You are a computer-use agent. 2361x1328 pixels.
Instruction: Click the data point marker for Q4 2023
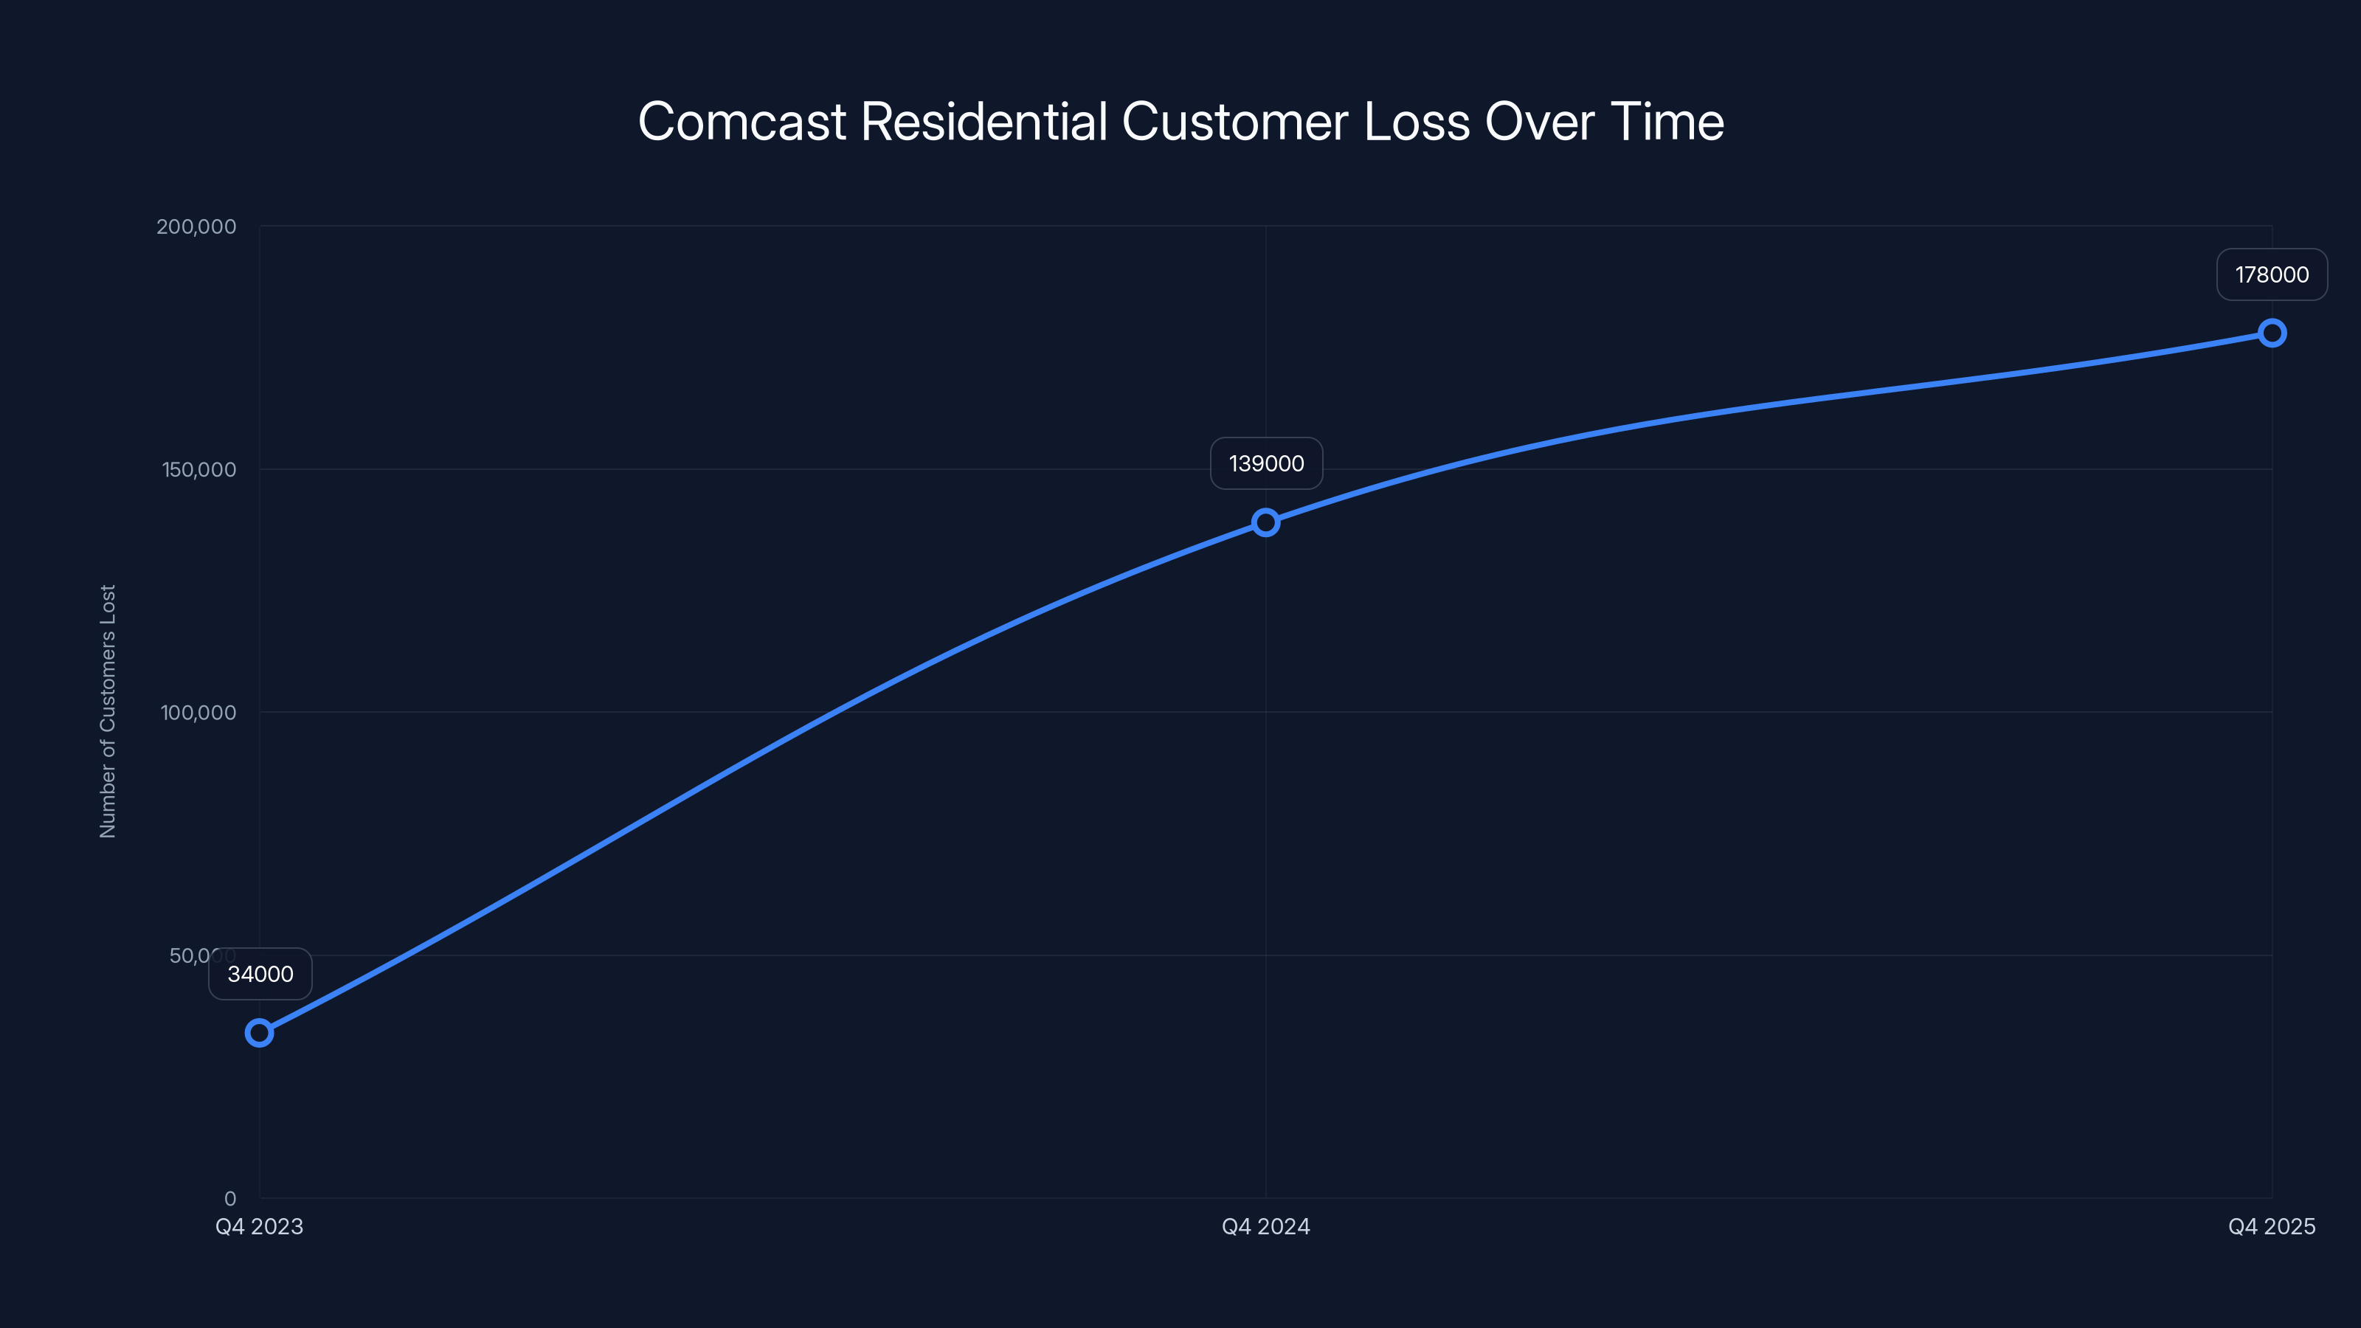click(260, 1033)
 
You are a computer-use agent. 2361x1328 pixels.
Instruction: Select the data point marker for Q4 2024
click(1266, 522)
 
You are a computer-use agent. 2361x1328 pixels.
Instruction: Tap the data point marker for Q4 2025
click(2271, 333)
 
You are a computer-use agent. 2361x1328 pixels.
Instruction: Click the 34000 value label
click(260, 973)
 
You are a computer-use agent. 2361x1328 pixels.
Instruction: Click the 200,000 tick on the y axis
click(196, 226)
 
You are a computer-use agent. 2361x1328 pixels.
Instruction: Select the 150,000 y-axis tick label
click(199, 469)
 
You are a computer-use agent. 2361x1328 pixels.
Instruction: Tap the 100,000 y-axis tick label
click(198, 712)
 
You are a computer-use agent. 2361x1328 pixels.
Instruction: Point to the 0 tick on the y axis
click(230, 1198)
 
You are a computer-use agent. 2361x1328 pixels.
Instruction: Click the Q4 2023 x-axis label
click(260, 1226)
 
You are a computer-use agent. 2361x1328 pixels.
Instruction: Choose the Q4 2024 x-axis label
click(1266, 1226)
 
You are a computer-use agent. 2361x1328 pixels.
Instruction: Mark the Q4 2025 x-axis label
click(2271, 1226)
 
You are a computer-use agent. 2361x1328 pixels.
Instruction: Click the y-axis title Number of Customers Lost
click(108, 711)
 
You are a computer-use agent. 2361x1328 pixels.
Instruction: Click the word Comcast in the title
click(742, 122)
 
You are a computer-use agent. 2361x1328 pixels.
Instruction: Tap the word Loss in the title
click(1416, 122)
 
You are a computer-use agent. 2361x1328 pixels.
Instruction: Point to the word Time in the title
click(1667, 122)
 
